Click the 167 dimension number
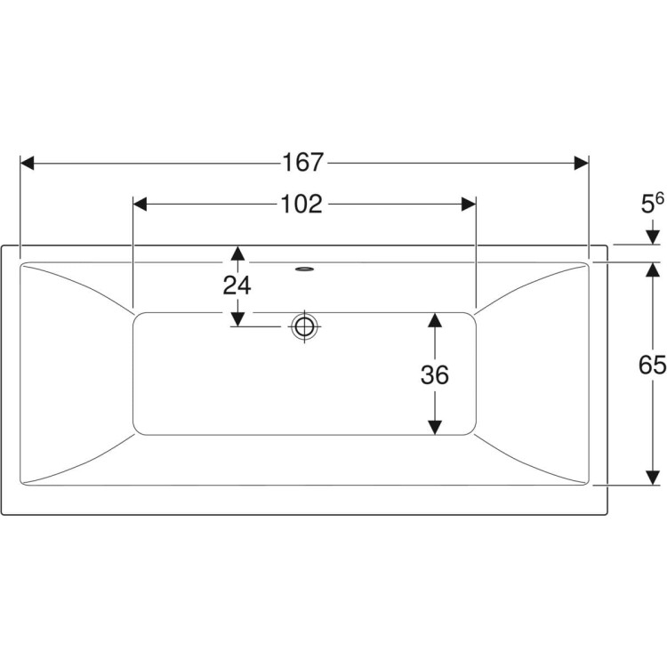[x=303, y=163]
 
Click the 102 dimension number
[x=301, y=205]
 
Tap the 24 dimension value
[x=237, y=285]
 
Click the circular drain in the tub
[x=304, y=326]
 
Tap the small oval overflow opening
[x=304, y=269]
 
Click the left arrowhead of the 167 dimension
[x=28, y=163]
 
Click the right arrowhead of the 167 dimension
[x=582, y=163]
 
